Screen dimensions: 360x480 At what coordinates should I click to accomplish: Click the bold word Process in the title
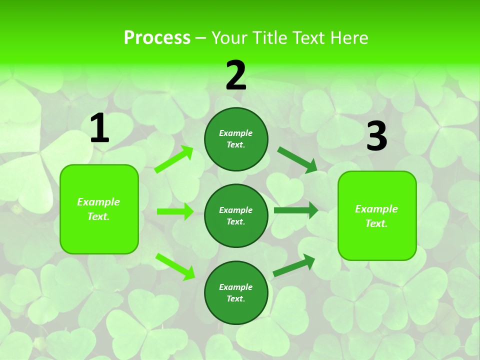tap(157, 37)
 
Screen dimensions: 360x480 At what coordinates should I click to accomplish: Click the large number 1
tap(99, 128)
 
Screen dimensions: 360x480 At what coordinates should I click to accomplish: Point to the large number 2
tap(236, 75)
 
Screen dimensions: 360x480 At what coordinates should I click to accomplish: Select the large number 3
tap(376, 136)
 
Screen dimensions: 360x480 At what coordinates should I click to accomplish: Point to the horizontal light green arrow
tap(175, 211)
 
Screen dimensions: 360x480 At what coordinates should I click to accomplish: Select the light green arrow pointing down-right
tap(175, 266)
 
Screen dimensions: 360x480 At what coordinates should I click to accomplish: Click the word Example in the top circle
tap(236, 133)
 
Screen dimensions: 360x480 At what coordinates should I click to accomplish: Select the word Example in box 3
tap(376, 209)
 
